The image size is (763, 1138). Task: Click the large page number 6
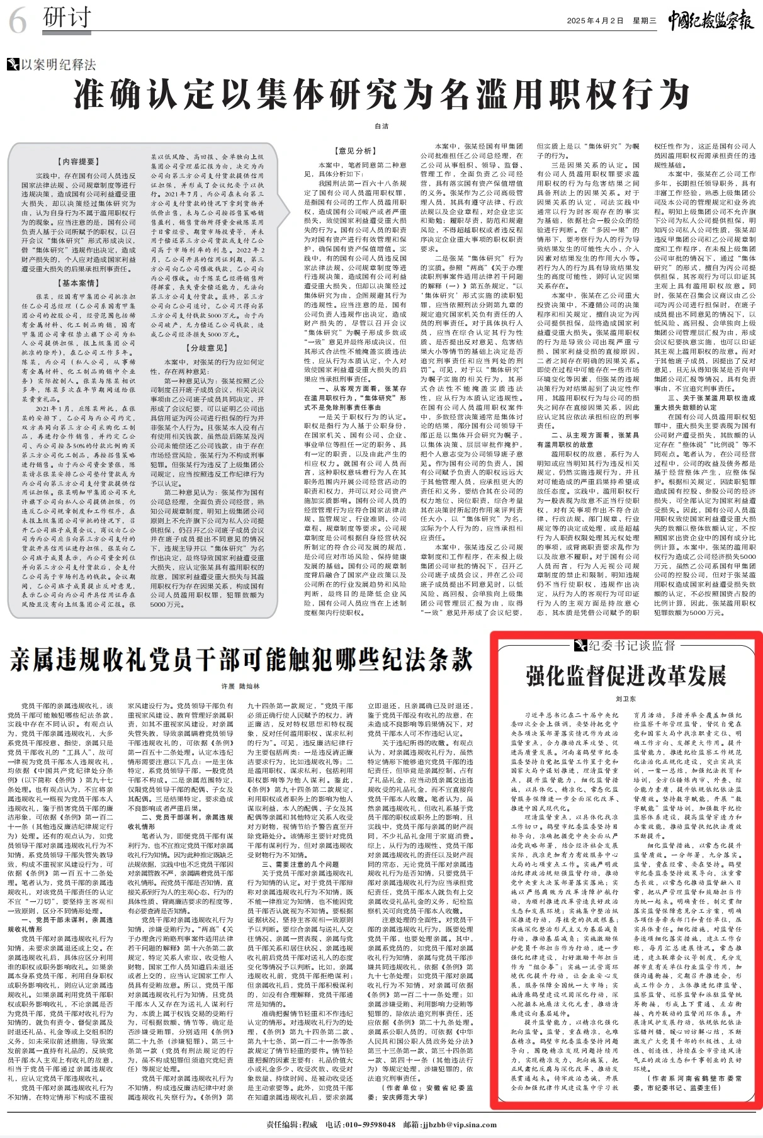pos(17,23)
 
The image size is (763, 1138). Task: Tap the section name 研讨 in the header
pos(67,18)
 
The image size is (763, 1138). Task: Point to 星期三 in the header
pos(644,21)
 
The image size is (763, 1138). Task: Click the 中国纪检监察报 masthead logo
pos(711,20)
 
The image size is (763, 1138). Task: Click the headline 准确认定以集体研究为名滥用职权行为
pos(381,95)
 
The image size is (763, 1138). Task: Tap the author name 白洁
pos(381,127)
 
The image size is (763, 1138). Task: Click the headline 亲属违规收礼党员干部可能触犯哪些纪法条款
pos(241,660)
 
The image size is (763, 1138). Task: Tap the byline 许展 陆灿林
pos(240,686)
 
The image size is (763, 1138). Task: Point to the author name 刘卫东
pos(626,699)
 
